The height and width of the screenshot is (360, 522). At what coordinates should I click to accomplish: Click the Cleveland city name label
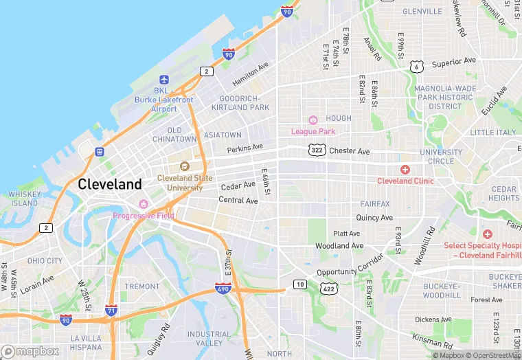(110, 184)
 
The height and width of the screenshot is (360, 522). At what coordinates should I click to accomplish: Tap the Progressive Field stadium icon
(143, 204)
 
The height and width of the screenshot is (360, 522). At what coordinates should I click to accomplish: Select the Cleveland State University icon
(184, 166)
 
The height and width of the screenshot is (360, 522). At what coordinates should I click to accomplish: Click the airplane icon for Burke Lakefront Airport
(163, 80)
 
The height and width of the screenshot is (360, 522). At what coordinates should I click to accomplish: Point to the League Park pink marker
(313, 120)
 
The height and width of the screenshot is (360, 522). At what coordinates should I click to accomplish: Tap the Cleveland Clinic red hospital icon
(405, 169)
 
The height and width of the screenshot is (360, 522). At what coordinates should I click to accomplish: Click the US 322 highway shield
(317, 150)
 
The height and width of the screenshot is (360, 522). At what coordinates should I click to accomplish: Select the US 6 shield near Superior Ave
(416, 66)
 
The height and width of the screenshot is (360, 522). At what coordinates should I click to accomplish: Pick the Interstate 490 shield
(223, 289)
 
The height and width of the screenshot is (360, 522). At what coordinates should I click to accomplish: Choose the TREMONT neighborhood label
(142, 286)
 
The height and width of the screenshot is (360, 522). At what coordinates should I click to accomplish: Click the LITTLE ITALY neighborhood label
(492, 132)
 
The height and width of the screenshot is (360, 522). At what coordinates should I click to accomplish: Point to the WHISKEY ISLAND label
(25, 199)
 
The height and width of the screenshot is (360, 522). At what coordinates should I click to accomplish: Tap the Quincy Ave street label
(374, 218)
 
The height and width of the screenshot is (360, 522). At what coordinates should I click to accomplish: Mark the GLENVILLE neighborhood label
(422, 12)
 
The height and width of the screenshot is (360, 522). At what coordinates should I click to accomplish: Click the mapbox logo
(30, 351)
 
